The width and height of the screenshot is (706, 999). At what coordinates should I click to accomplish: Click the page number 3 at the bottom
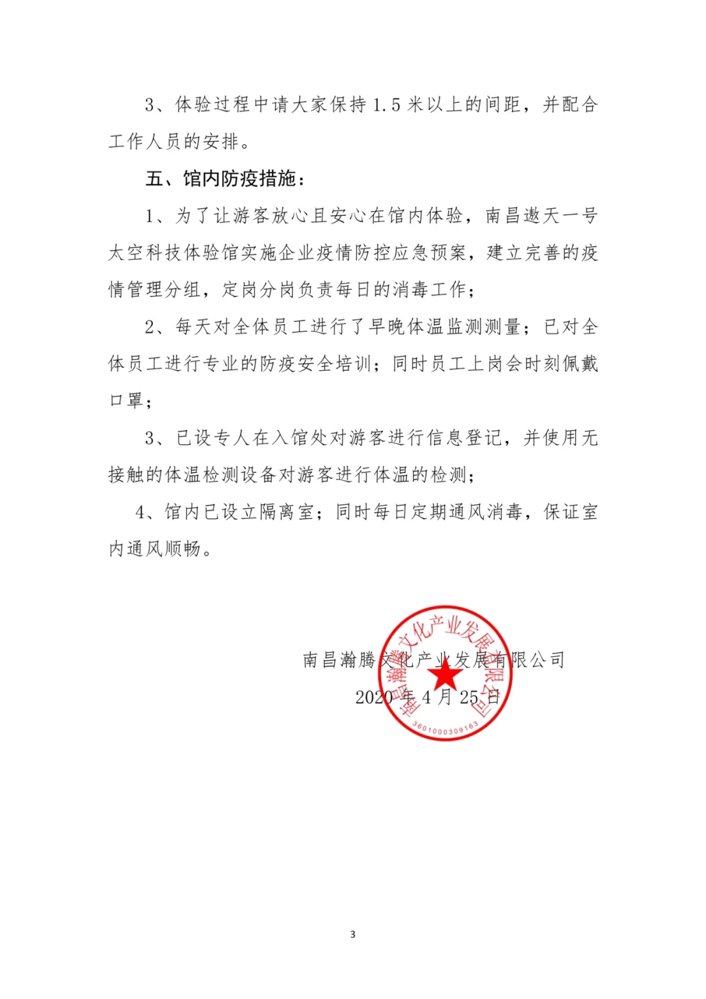(x=353, y=934)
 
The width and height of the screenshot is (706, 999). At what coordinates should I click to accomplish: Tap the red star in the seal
(x=445, y=673)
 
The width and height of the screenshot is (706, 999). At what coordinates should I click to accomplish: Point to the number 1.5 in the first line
(x=386, y=105)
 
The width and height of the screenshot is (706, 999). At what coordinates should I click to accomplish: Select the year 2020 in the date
(x=374, y=697)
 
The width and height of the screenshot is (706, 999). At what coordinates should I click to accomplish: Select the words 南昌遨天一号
(x=541, y=216)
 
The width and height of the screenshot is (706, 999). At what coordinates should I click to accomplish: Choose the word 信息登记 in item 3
(x=464, y=438)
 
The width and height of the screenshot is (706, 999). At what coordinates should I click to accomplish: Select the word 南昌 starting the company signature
(x=320, y=660)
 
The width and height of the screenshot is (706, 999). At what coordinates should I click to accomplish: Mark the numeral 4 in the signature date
(x=426, y=697)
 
